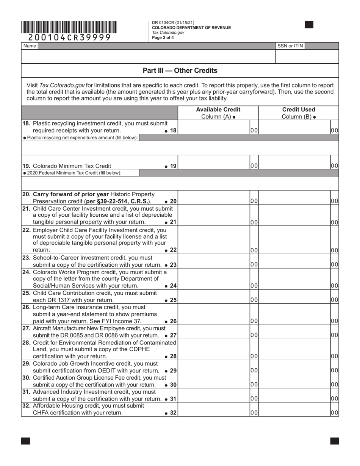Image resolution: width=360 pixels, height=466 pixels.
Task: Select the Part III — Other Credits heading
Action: (180, 70)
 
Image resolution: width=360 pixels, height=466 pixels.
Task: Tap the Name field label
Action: (30, 46)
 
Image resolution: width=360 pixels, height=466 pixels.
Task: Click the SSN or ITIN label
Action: (290, 46)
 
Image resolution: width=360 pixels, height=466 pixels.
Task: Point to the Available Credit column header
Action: (218, 113)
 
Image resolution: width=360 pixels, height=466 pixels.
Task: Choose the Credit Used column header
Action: (298, 113)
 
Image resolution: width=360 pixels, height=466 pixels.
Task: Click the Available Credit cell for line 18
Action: (214, 127)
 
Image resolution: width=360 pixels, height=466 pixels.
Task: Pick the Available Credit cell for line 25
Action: (214, 297)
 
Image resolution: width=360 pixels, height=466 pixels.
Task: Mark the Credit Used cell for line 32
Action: (294, 410)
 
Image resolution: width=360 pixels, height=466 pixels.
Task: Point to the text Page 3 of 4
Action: (163, 38)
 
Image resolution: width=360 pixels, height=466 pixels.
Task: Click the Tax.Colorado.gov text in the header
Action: (168, 33)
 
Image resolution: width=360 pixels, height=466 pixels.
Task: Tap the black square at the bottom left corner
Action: (25, 441)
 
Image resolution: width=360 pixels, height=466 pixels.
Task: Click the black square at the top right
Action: (309, 25)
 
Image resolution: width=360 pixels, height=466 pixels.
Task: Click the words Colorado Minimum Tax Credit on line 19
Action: (72, 166)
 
